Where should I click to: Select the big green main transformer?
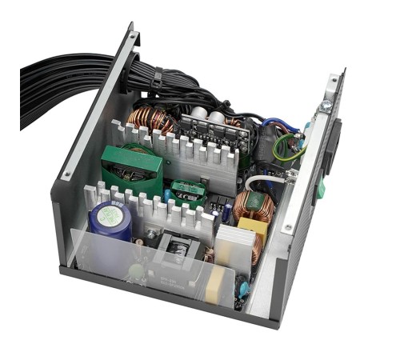pyautogui.click(x=131, y=168)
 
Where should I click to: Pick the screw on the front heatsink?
pyautogui.click(x=151, y=234)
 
